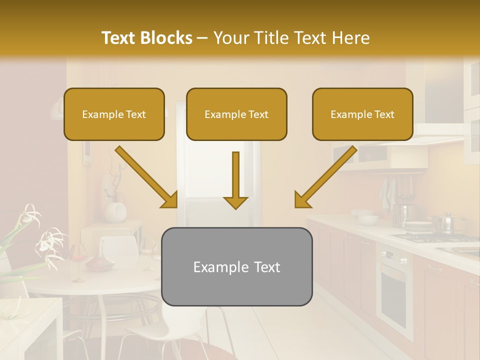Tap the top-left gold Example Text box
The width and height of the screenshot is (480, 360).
[x=114, y=114]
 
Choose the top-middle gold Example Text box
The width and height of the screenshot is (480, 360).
[x=236, y=114]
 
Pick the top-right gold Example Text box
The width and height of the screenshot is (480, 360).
[x=362, y=114]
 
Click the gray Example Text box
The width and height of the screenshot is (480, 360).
[x=236, y=267]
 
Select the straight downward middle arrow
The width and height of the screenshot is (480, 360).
[x=235, y=177]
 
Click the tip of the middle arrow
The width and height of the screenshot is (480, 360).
[x=235, y=207]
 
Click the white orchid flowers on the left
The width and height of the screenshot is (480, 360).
[x=47, y=240]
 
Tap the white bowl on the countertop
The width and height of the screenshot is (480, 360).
[x=368, y=219]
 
